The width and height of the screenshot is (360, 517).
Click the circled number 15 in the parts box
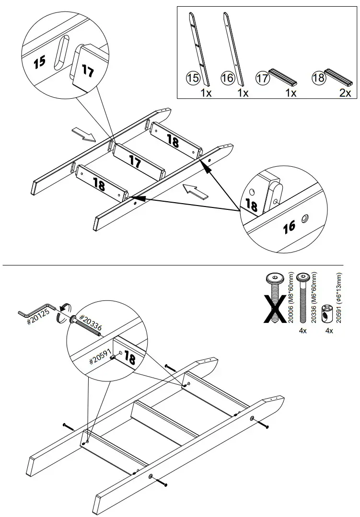click(x=192, y=78)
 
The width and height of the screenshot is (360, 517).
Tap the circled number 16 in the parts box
click(x=227, y=78)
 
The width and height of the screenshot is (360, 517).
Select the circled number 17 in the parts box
click(x=262, y=78)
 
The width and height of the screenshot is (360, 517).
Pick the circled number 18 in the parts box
click(x=318, y=78)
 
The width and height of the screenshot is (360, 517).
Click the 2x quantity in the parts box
click(x=345, y=93)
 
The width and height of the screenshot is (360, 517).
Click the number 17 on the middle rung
click(x=135, y=162)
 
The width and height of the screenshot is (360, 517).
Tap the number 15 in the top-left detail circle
click(x=39, y=61)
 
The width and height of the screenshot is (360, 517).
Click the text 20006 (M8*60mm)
click(x=289, y=299)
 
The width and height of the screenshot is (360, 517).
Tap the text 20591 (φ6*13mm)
click(x=340, y=299)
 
